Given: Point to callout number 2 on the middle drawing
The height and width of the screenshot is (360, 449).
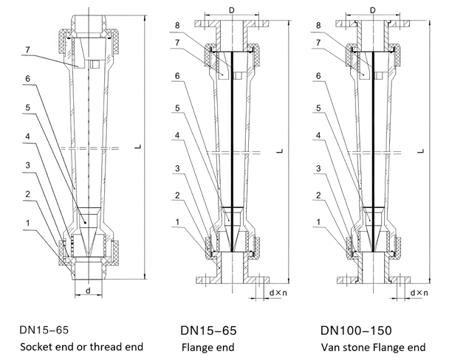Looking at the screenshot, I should pyautogui.click(x=177, y=194).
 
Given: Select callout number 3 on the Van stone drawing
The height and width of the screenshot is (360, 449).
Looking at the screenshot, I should pyautogui.click(x=318, y=167).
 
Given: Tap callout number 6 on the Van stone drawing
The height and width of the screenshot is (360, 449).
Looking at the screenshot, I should pyautogui.click(x=318, y=76).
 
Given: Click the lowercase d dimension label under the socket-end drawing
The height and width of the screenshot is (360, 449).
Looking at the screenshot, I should pyautogui.click(x=89, y=291).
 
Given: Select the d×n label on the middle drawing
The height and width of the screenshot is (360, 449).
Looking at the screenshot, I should pyautogui.click(x=277, y=293).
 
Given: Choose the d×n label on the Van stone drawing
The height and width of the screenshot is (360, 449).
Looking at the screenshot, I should pyautogui.click(x=417, y=293).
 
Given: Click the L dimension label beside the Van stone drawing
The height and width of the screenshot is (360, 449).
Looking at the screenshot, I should pyautogui.click(x=420, y=151).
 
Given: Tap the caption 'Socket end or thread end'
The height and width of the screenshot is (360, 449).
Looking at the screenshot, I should pyautogui.click(x=78, y=346).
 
